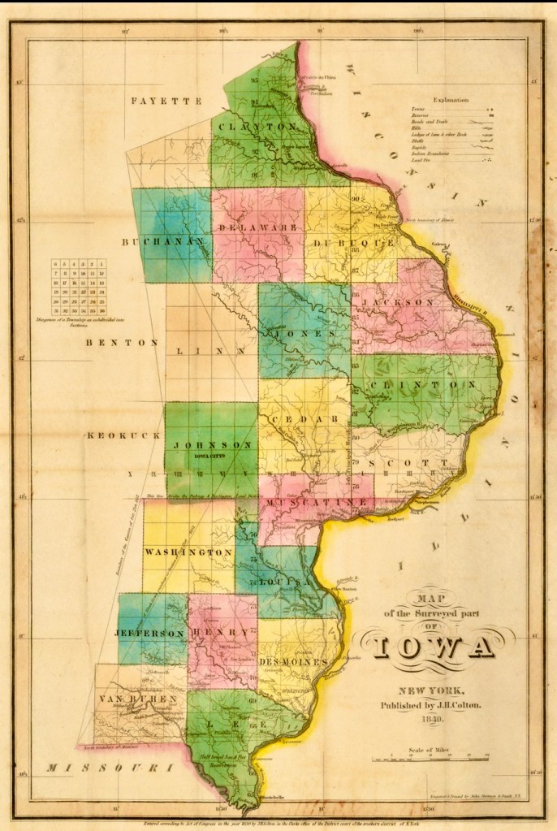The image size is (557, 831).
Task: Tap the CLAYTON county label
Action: [257, 128]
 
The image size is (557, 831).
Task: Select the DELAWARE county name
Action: [257, 229]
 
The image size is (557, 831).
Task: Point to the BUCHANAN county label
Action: [162, 242]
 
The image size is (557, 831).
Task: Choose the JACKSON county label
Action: [399, 301]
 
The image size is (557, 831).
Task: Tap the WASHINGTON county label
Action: [189, 552]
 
